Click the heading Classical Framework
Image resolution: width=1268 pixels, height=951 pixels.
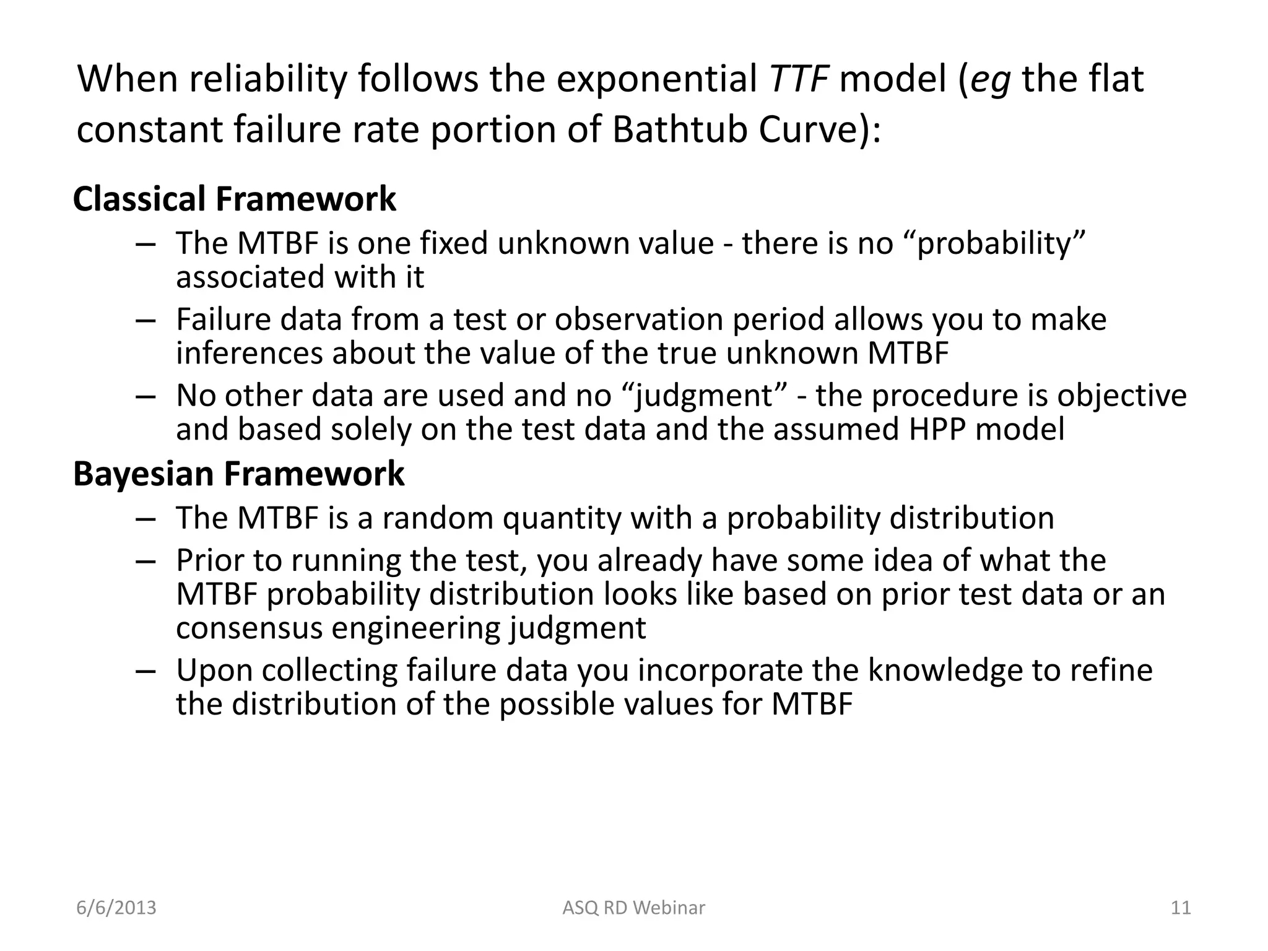pyautogui.click(x=234, y=199)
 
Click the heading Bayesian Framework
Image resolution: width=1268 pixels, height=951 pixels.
pyautogui.click(x=238, y=474)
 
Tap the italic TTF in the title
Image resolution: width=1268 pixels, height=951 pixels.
pyautogui.click(x=798, y=79)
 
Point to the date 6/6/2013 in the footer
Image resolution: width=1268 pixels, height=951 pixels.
pyautogui.click(x=116, y=908)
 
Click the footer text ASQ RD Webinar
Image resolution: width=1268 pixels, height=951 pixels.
pyautogui.click(x=633, y=908)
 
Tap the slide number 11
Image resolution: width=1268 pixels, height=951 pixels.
pyautogui.click(x=1181, y=908)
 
